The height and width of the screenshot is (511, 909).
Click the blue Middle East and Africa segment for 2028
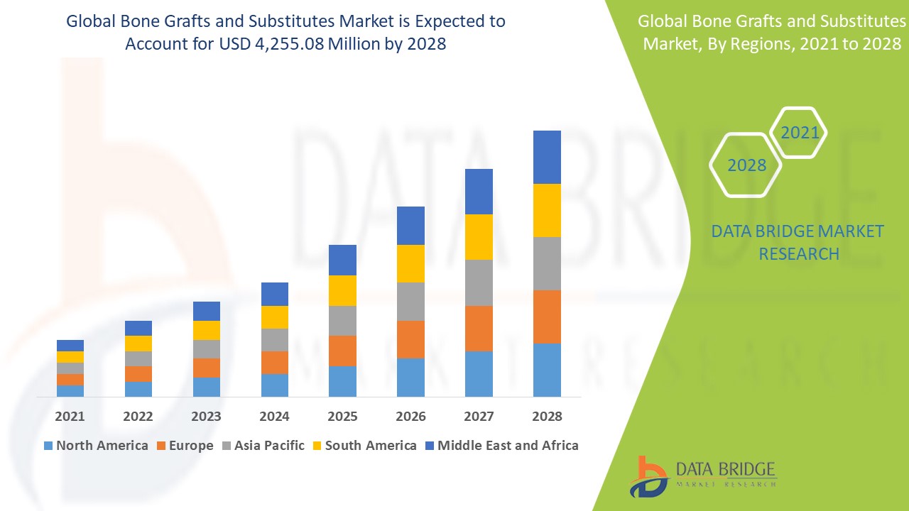547,157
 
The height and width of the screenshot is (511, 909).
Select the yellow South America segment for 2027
479,237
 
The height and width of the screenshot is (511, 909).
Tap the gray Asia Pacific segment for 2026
410,302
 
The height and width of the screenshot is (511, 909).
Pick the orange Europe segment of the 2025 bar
342,351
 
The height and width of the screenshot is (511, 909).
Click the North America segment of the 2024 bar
275,385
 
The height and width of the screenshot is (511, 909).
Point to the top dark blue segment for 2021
70,346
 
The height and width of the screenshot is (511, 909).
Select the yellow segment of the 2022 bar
138,344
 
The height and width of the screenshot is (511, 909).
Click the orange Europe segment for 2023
207,368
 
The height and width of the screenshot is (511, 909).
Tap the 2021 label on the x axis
70,416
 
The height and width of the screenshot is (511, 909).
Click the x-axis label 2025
342,416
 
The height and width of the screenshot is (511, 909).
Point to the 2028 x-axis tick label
547,416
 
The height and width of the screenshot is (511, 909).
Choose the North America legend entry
96,446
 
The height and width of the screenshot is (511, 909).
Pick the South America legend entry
363,446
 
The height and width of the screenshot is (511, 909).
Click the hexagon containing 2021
799,133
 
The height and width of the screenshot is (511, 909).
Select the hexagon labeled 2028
746,165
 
